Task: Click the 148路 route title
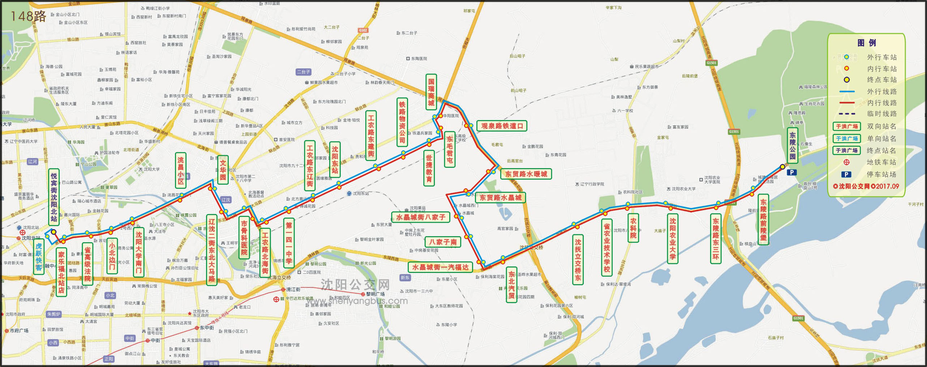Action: coord(28,16)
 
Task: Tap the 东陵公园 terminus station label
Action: coord(792,146)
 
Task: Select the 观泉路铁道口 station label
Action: coord(502,126)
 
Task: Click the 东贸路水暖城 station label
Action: coord(526,174)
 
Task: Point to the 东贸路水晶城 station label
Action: coord(500,197)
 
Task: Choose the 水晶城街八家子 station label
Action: coord(421,217)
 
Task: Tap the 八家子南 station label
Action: coord(443,242)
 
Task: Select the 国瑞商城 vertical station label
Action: coord(431,92)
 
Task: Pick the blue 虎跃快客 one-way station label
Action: coord(39,257)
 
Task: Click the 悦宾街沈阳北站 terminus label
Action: coord(54,197)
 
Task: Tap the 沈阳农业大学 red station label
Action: coord(672,239)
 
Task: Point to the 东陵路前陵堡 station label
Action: coord(763,219)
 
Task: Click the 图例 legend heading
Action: coord(866,43)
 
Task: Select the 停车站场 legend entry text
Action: coord(881,174)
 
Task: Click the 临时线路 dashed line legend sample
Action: coord(847,114)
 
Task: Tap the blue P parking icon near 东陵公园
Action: coord(791,172)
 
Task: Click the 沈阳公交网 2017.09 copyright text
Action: coord(866,187)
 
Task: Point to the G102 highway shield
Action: coord(363,30)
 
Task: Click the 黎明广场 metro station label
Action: coord(375,294)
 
